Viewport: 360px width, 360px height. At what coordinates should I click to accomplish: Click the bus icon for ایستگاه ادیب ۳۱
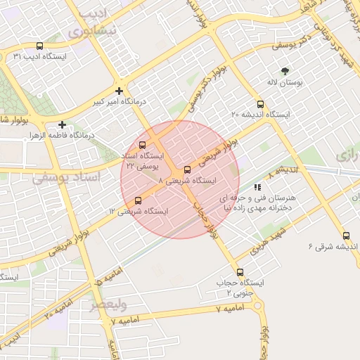pyautogui.click(x=39, y=44)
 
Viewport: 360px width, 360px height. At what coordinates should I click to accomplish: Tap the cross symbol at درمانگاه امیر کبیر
pyautogui.click(x=119, y=91)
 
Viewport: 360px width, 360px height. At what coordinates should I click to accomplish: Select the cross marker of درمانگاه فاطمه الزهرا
pyautogui.click(x=63, y=124)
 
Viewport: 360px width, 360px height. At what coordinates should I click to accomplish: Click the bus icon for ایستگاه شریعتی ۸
pyautogui.click(x=186, y=169)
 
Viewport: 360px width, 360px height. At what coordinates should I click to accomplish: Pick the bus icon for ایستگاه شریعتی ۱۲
pyautogui.click(x=138, y=200)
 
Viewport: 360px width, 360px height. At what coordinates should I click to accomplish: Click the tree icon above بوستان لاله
pyautogui.click(x=285, y=71)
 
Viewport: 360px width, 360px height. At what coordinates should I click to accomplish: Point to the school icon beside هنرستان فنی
pyautogui.click(x=258, y=187)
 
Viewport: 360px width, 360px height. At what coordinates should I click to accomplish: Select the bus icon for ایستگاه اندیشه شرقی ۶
pyautogui.click(x=345, y=236)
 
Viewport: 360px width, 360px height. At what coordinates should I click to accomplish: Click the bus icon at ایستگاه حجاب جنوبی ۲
pyautogui.click(x=240, y=272)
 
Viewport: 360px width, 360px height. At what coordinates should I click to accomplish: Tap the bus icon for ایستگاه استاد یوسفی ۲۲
pyautogui.click(x=143, y=145)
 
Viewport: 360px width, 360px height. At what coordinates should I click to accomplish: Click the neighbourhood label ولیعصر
pyautogui.click(x=108, y=305)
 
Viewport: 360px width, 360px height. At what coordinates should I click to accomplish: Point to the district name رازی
pyautogui.click(x=348, y=155)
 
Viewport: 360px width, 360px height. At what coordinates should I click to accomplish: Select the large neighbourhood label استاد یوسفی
pyautogui.click(x=67, y=178)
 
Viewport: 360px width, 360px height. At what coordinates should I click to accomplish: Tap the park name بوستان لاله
pyautogui.click(x=285, y=83)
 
